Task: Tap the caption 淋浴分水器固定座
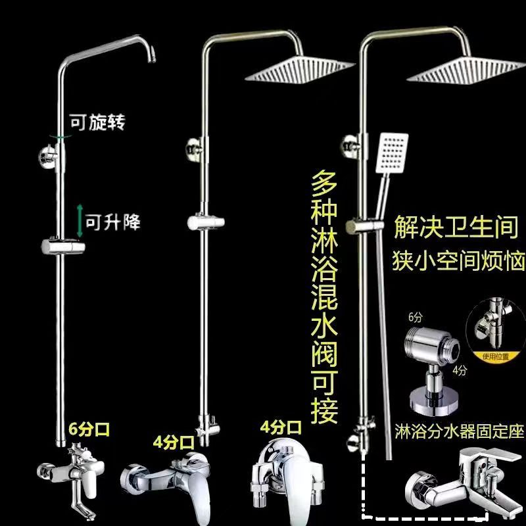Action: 458,431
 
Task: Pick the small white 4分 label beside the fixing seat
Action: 460,371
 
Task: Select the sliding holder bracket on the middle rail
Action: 203,224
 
